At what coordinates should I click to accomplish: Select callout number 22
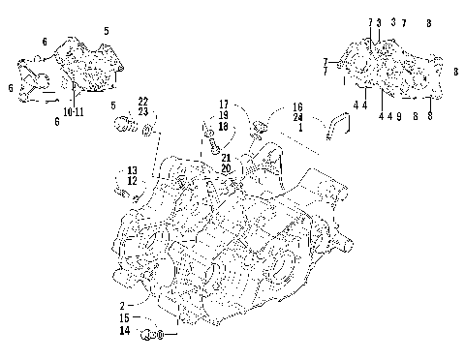tap(142, 102)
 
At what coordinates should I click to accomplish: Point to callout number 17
tap(223, 105)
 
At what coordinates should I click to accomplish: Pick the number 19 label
tap(223, 115)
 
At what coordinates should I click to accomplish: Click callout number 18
tap(223, 126)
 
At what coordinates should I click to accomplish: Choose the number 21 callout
tap(225, 157)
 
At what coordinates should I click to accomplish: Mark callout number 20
tap(225, 167)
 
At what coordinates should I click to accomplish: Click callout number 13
tap(132, 170)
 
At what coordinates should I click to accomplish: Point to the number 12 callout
tap(132, 181)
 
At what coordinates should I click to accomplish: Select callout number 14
tap(125, 331)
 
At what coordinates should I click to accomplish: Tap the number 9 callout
tap(398, 116)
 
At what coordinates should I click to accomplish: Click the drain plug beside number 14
tap(152, 335)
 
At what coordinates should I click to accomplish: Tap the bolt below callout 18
tap(211, 145)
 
